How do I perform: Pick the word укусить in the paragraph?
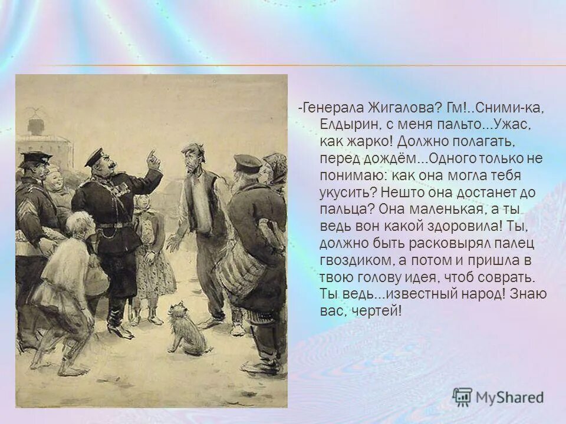tap(347, 192)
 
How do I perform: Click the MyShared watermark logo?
tap(498, 396)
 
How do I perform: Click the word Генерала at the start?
tap(331, 108)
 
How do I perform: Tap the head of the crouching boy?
tap(80, 224)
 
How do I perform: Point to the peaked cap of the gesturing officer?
tap(94, 157)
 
